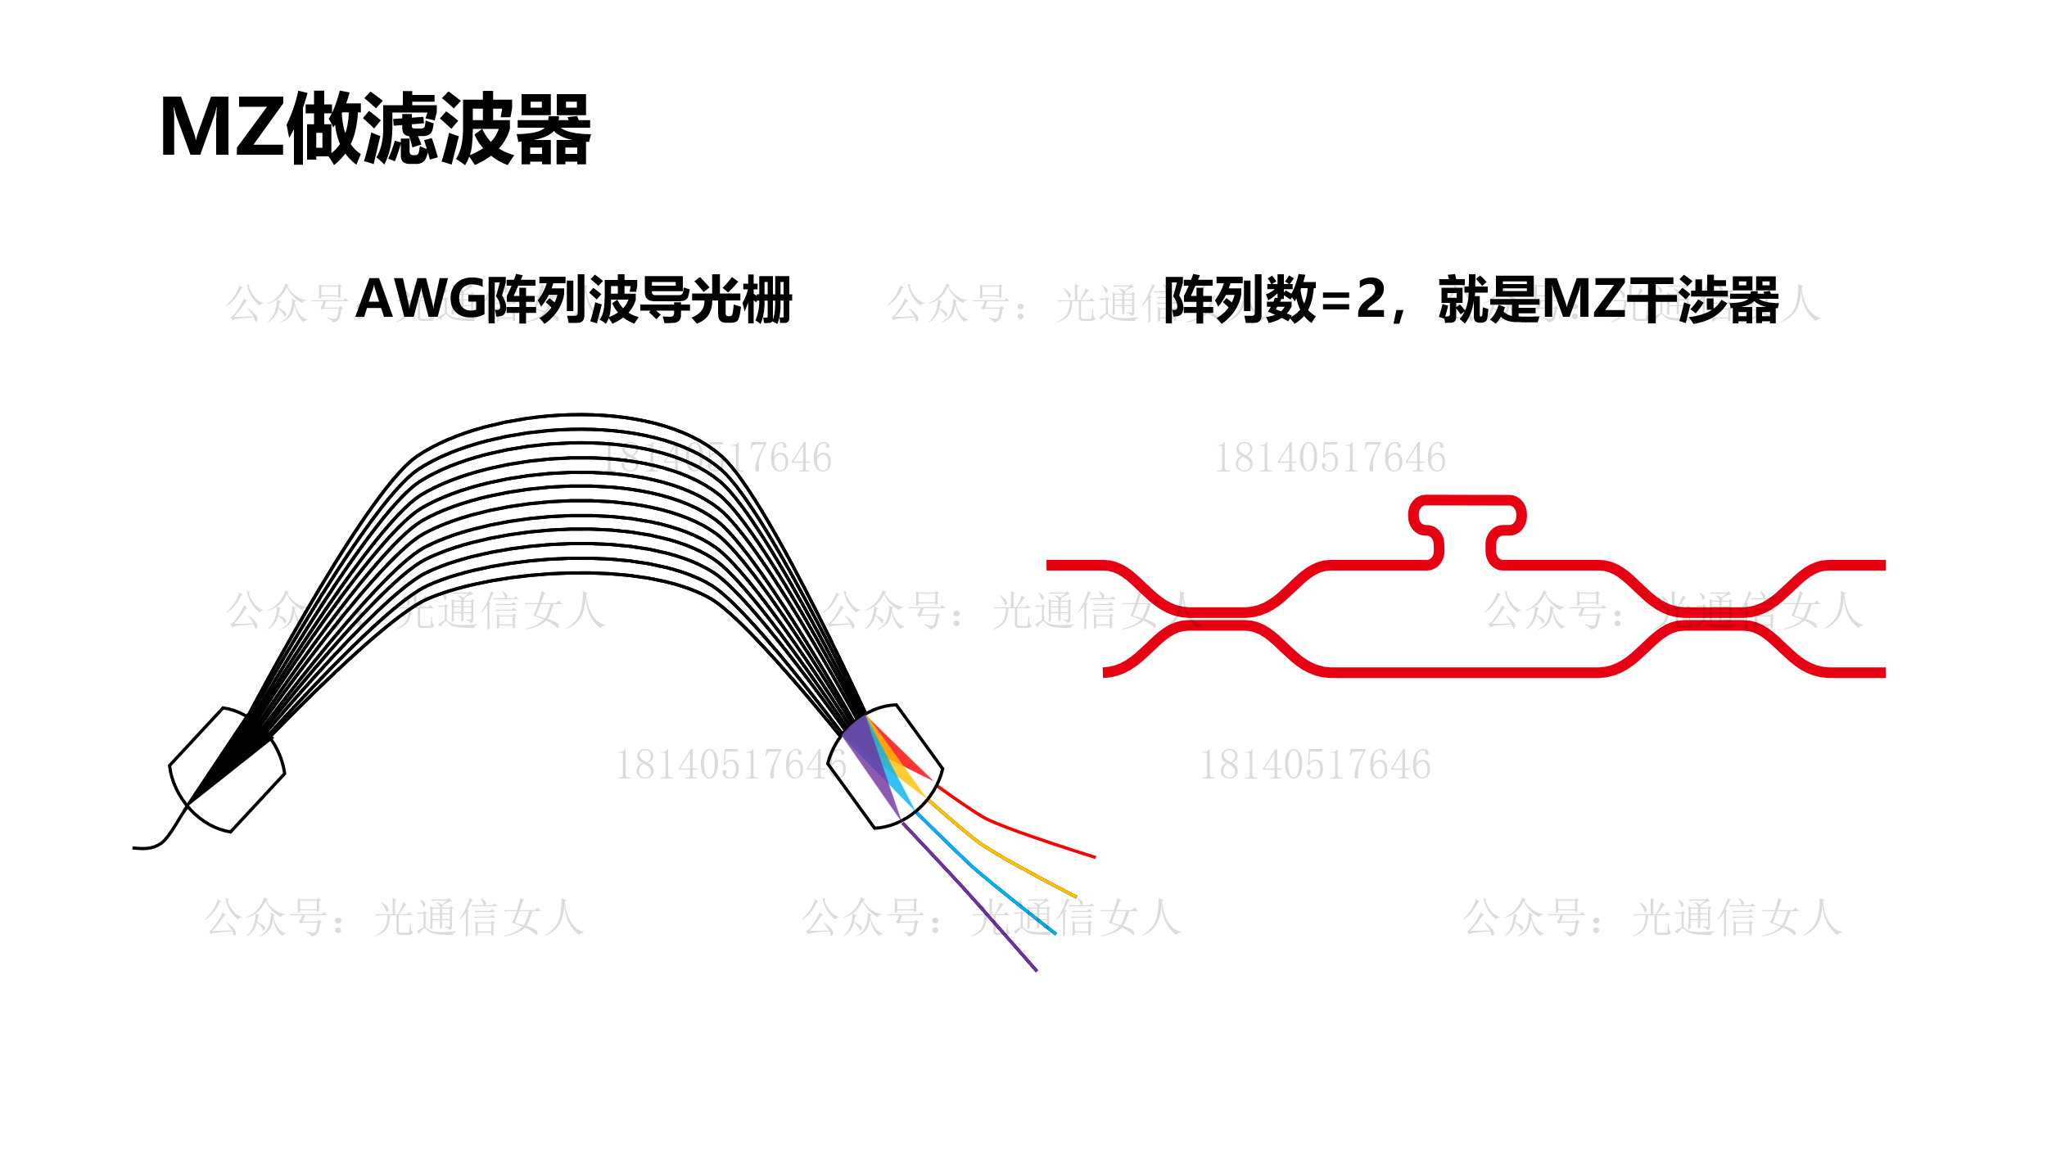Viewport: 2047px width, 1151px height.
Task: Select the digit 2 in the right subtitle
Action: [1371, 300]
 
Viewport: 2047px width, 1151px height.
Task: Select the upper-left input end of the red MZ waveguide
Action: [1056, 565]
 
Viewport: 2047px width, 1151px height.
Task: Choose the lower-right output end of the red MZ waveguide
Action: [1875, 673]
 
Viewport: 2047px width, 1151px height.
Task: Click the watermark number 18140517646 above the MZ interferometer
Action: [1330, 458]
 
